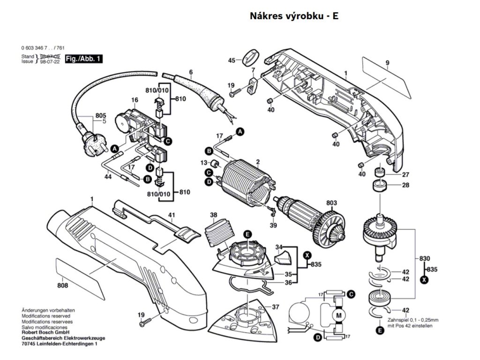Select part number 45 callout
(232, 60)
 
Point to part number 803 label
(332, 203)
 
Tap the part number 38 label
(214, 216)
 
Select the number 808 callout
(63, 285)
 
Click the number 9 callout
(388, 63)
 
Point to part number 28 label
(405, 185)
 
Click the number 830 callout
(425, 259)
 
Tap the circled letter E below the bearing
(379, 330)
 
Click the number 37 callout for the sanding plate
(275, 307)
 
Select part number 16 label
(135, 100)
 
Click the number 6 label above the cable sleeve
(191, 72)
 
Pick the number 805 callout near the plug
(101, 115)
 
